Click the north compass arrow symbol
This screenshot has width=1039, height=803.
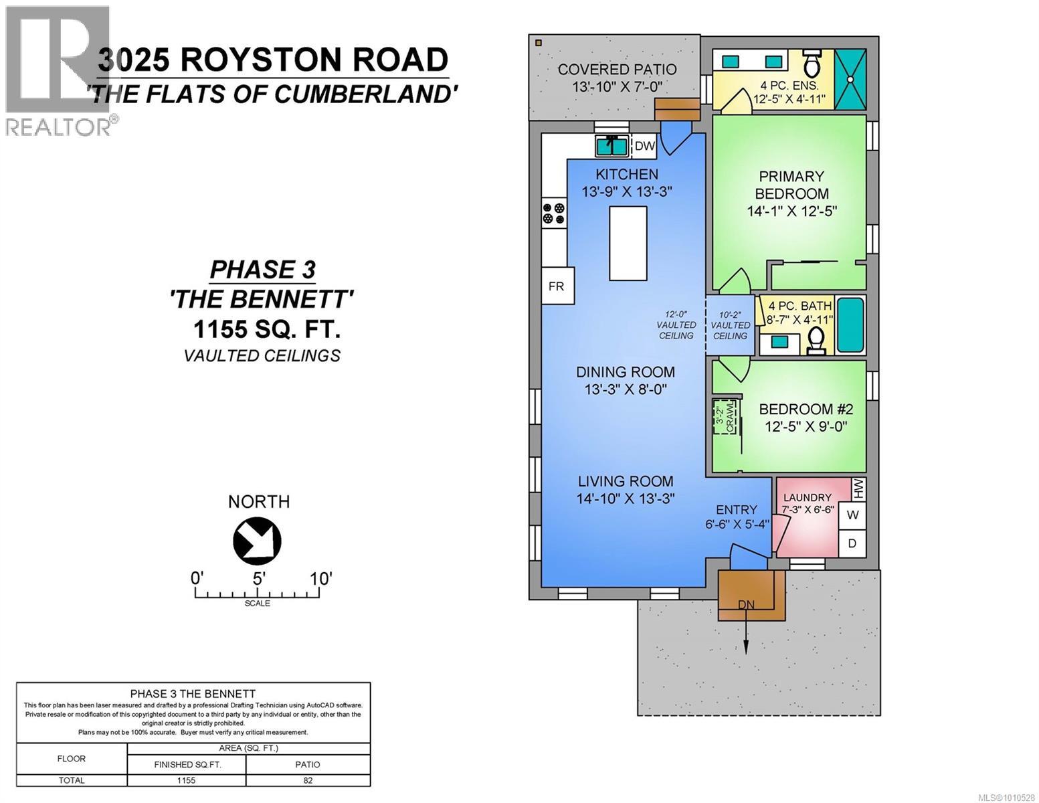(257, 541)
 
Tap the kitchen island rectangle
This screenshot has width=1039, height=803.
(628, 243)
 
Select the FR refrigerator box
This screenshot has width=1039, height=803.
(556, 286)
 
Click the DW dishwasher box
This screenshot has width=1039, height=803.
(644, 146)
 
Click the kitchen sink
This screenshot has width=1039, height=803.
(611, 145)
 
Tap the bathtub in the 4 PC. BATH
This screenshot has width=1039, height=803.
(851, 325)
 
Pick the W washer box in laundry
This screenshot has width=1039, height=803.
(852, 515)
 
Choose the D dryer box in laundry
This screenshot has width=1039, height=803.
(852, 543)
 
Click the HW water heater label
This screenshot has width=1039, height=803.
(858, 488)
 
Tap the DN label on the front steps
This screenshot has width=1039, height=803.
(746, 605)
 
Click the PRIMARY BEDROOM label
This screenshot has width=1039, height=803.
(791, 185)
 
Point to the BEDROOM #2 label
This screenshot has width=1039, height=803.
(806, 409)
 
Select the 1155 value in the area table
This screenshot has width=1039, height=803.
(186, 780)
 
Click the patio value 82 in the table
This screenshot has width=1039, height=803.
(308, 780)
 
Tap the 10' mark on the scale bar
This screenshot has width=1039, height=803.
(320, 578)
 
